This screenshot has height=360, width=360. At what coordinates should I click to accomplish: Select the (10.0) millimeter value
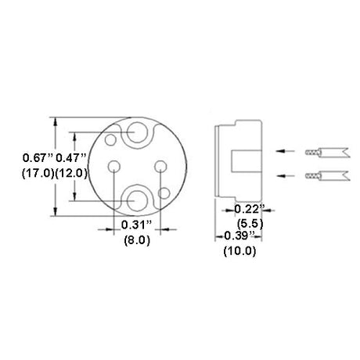(x=239, y=251)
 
